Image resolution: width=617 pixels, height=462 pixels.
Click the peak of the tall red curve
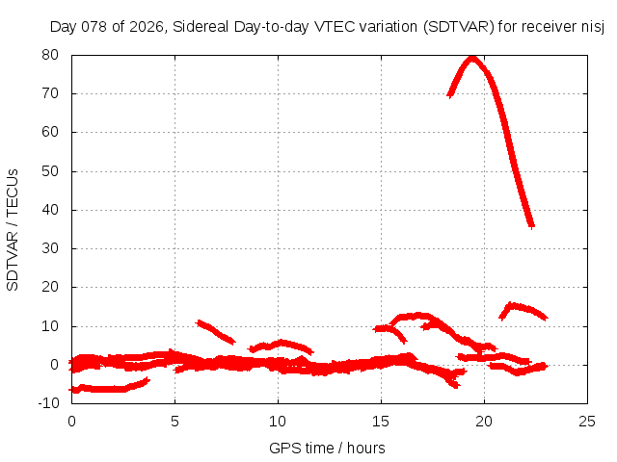pyautogui.click(x=471, y=58)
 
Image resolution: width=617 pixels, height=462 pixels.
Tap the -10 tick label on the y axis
pyautogui.click(x=51, y=403)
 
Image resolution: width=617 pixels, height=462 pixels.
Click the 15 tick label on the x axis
pyautogui.click(x=381, y=421)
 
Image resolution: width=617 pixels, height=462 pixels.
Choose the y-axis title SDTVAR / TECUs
pyautogui.click(x=13, y=229)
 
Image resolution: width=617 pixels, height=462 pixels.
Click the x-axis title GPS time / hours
pyautogui.click(x=329, y=448)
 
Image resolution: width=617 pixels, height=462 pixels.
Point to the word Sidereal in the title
pyautogui.click(x=200, y=27)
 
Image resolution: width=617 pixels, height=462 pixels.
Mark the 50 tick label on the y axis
pyautogui.click(x=51, y=171)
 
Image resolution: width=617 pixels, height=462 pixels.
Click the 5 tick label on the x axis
pyautogui.click(x=174, y=421)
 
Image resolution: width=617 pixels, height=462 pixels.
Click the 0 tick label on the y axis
pyautogui.click(x=56, y=365)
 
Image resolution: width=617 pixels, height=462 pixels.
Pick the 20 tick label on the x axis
pyautogui.click(x=484, y=421)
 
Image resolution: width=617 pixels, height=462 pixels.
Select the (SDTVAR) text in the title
pyautogui.click(x=458, y=27)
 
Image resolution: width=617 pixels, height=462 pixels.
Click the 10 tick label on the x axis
pyautogui.click(x=278, y=421)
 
